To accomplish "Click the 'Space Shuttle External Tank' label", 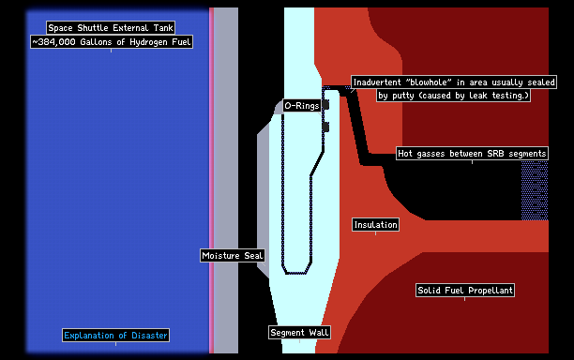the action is coord(111,28).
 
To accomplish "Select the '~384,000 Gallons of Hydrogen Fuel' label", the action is coord(112,42).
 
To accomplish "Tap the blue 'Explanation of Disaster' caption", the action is coord(115,335).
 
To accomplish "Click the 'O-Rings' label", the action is coord(302,106).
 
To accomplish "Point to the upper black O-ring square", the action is coord(325,105).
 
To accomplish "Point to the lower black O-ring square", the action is coord(325,127).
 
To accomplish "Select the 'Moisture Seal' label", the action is coord(232,255).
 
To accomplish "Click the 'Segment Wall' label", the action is coord(299,333).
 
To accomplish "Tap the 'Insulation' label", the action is coord(375,225).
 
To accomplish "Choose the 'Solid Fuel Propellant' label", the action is coord(465,290).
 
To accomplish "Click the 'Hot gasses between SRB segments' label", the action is coord(472,154).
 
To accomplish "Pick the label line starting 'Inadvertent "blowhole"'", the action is coord(454,82).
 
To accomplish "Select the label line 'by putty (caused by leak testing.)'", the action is coord(454,96).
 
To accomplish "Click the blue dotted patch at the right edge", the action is coord(535,190).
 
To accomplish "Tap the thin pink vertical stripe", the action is coord(211,180).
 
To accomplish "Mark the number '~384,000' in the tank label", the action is coord(53,42).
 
